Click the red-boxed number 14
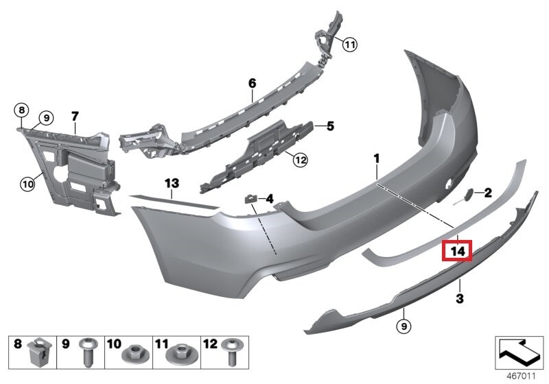(x=458, y=252)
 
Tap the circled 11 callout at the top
(x=350, y=45)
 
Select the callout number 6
(x=252, y=83)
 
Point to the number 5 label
(x=329, y=126)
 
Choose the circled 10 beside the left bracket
(x=27, y=183)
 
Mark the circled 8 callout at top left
(x=21, y=110)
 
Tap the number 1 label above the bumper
(x=376, y=159)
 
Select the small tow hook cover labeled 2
(x=469, y=195)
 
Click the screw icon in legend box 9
(x=88, y=353)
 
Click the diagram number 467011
(x=522, y=375)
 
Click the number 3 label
(x=460, y=299)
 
